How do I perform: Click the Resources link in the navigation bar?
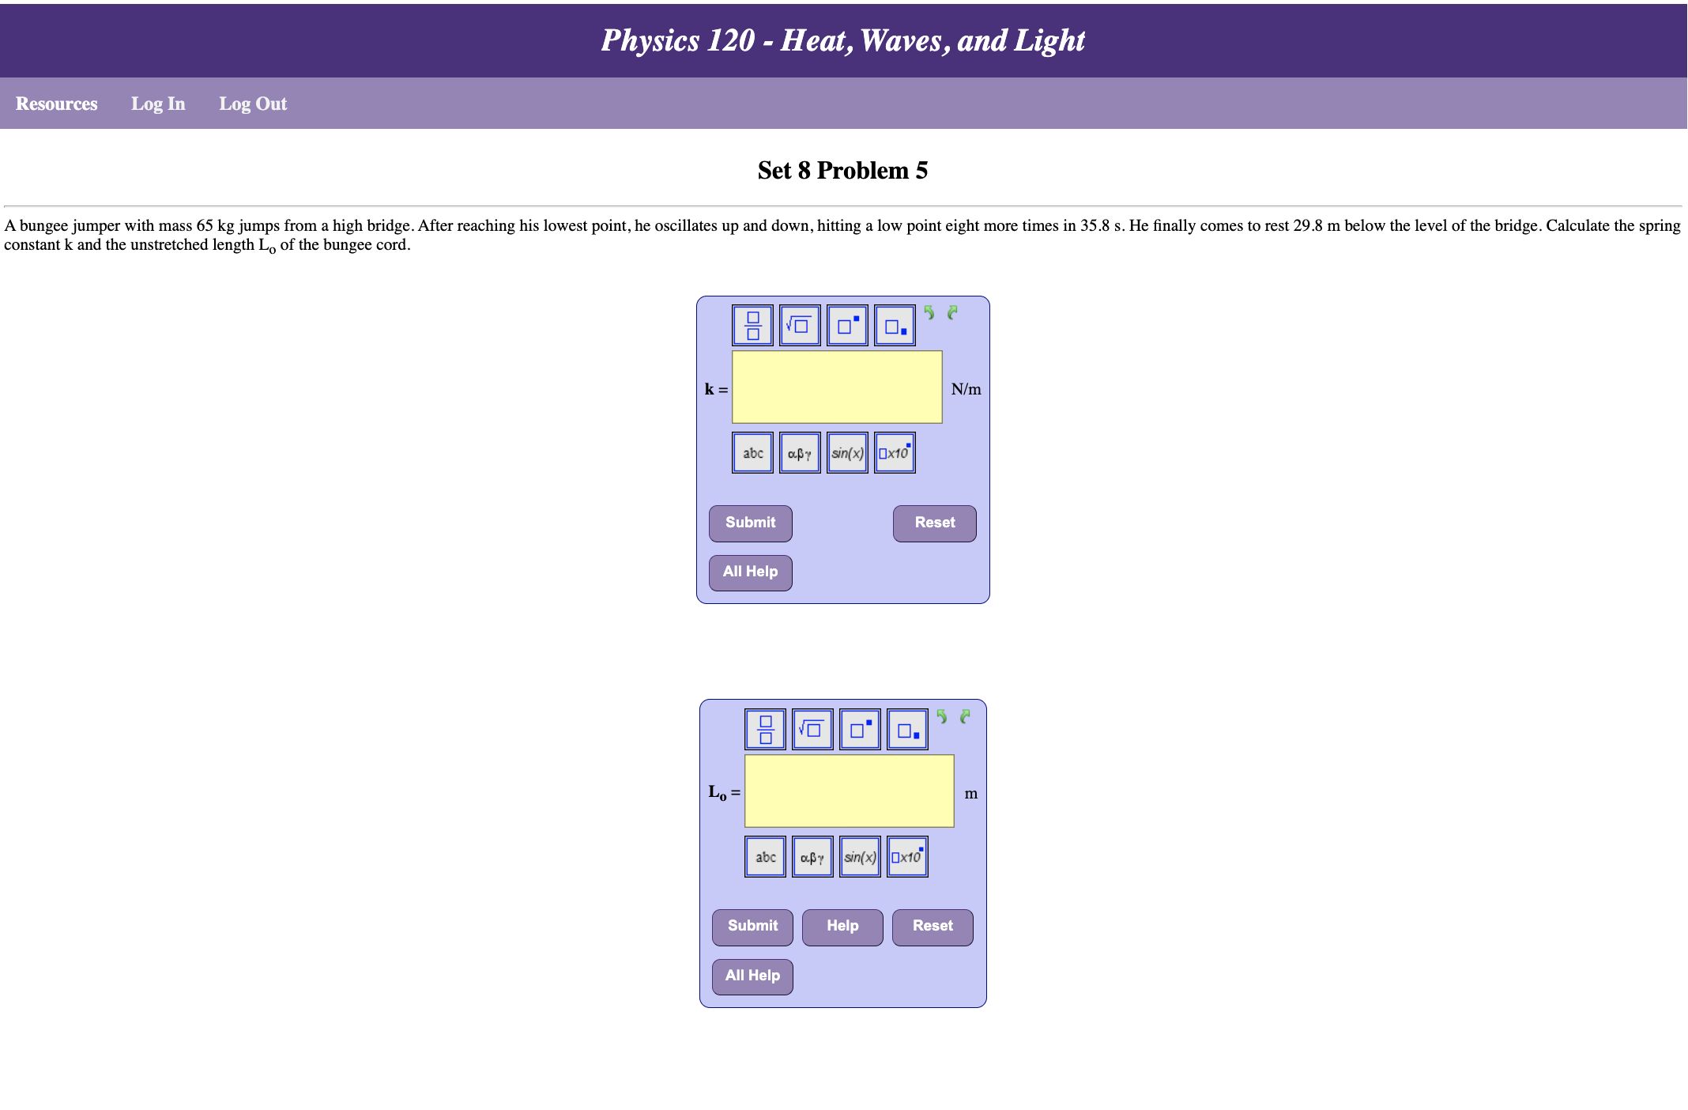56,104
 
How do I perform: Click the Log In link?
158,104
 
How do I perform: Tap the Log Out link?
253,104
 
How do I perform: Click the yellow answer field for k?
837,387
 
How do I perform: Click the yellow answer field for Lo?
849,791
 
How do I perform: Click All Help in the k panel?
750,572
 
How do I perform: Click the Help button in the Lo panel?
842,926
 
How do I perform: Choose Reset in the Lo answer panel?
933,926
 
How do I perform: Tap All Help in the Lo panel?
752,976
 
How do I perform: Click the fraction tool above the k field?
752,326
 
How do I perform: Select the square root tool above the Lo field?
812,729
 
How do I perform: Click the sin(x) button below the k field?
847,453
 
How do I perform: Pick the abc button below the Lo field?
765,857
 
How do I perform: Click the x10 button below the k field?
895,453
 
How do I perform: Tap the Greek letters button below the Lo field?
812,857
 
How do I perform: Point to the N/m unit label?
966,389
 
